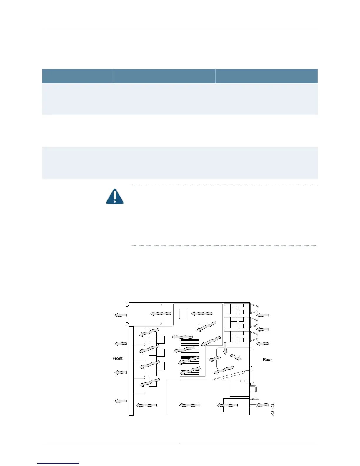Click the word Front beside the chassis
[117, 358]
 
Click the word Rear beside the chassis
[267, 360]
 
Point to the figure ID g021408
[273, 410]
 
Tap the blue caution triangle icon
[115, 197]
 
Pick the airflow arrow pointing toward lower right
[236, 357]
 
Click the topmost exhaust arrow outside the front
[121, 315]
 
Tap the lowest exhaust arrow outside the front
[121, 401]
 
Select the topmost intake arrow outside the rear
[262, 315]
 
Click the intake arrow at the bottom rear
[262, 405]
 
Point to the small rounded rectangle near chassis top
[183, 314]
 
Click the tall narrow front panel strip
[131, 371]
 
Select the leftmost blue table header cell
[77, 76]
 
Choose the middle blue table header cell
[164, 76]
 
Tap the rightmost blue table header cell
[266, 76]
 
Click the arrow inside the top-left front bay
[161, 314]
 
